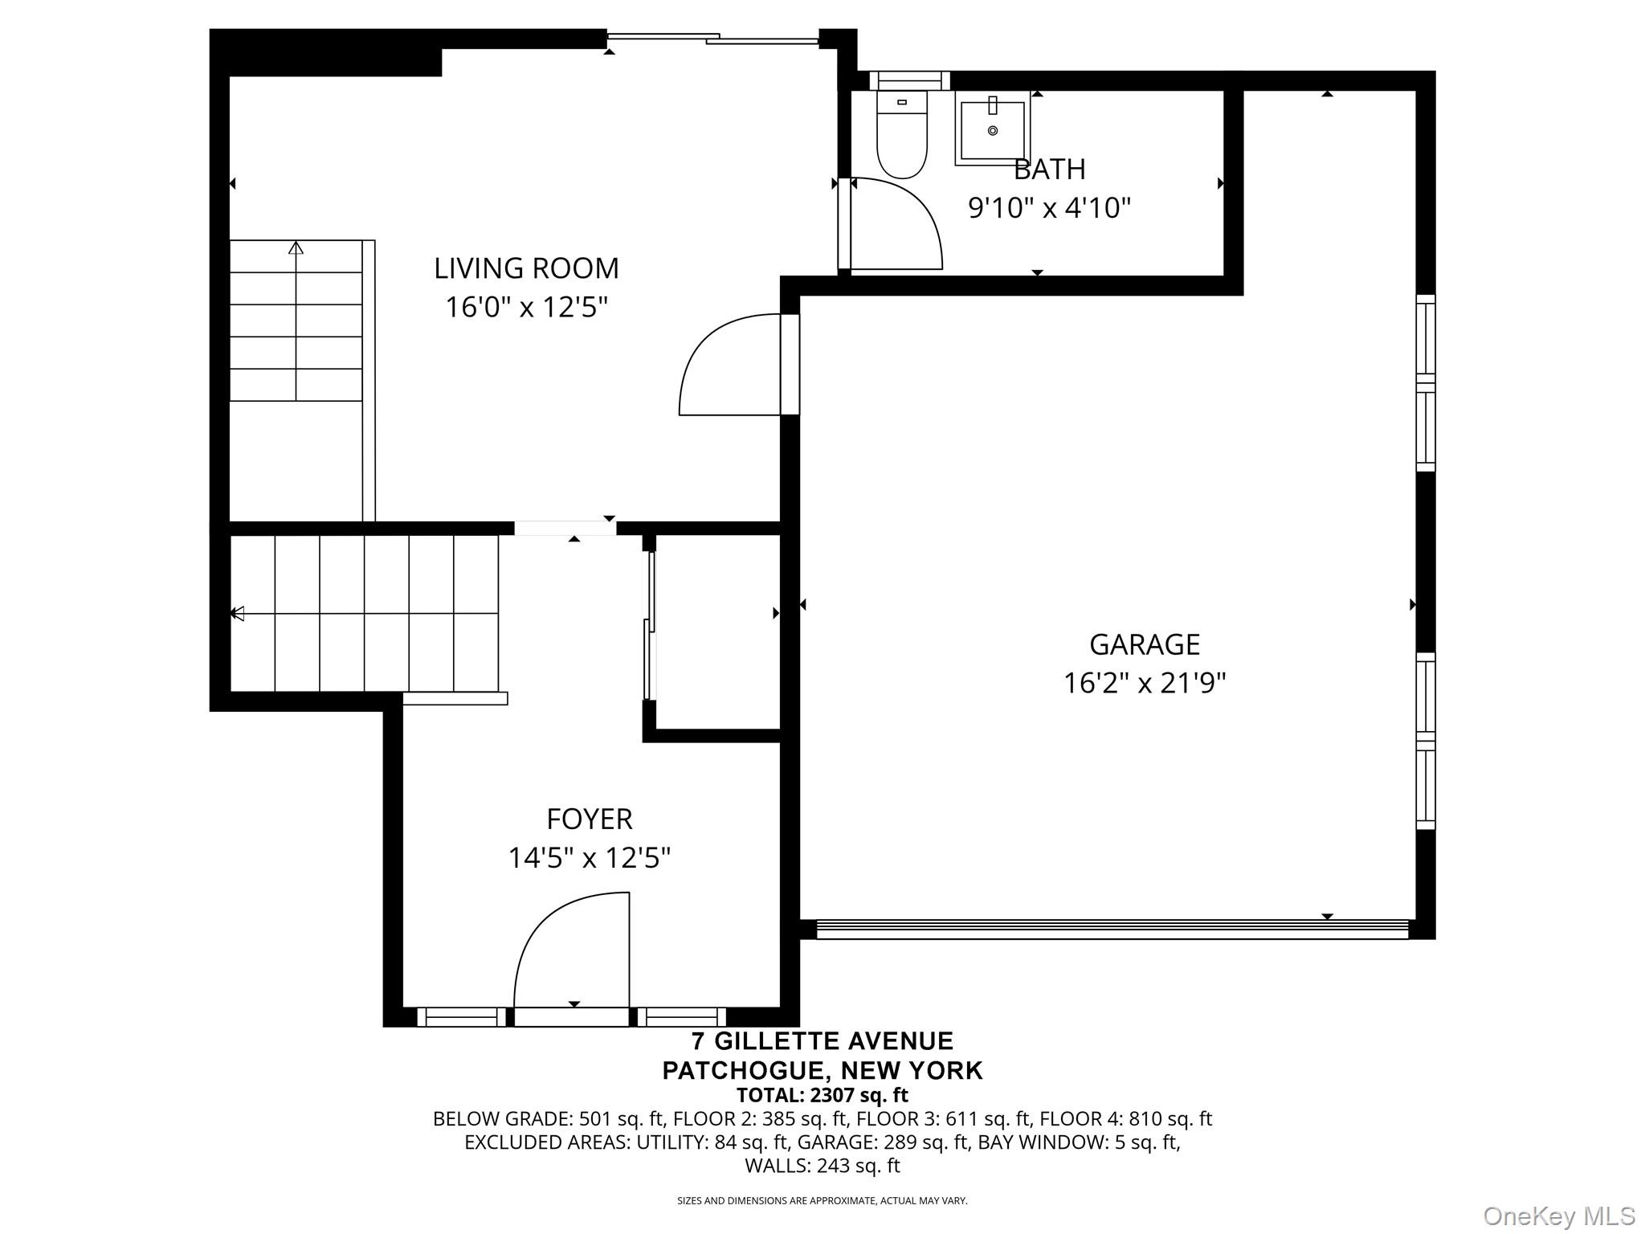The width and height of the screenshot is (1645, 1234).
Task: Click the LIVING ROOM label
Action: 526,268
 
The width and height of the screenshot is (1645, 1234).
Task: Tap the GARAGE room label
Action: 1145,644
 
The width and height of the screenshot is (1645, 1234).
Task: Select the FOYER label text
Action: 590,819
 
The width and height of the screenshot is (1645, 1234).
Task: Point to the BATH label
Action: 1049,170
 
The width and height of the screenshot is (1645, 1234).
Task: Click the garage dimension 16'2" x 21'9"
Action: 1145,684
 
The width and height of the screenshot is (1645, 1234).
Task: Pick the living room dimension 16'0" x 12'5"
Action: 526,308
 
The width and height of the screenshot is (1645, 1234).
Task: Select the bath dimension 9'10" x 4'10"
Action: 1049,209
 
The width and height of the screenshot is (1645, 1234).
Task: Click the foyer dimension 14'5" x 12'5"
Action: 590,859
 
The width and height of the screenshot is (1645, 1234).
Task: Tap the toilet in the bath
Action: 902,133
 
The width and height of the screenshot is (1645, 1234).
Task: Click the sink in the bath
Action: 993,129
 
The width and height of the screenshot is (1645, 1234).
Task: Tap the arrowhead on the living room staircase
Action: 296,247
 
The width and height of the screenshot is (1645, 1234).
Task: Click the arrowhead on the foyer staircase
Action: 237,614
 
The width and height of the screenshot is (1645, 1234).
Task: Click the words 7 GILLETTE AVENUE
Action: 822,1041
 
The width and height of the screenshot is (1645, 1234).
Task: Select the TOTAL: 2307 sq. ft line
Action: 822,1095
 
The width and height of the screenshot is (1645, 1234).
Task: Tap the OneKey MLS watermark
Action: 1559,1216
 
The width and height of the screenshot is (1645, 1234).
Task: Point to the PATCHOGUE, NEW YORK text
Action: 822,1070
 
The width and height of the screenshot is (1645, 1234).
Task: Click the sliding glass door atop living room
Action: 712,37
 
